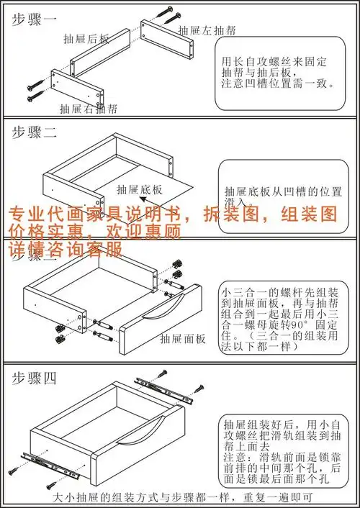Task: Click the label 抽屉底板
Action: (x=139, y=189)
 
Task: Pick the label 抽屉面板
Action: (x=184, y=338)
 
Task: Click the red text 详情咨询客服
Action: (x=65, y=249)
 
